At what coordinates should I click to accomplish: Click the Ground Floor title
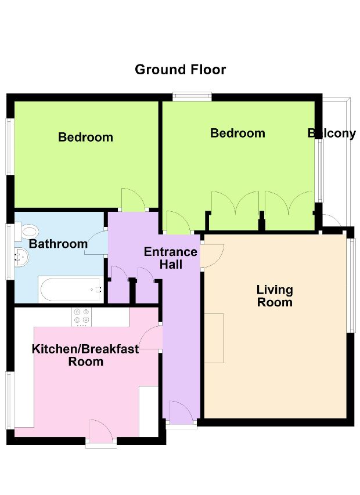click(181, 70)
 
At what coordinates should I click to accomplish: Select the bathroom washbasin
click(21, 257)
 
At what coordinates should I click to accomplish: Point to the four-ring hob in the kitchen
click(81, 317)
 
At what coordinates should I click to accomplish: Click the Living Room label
click(275, 296)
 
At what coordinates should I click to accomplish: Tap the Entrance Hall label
click(171, 258)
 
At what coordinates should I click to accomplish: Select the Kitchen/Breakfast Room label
click(85, 355)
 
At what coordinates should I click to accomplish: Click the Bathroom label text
click(59, 244)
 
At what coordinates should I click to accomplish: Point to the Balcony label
click(332, 133)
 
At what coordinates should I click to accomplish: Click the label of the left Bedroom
click(85, 138)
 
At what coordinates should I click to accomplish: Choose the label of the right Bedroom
click(238, 133)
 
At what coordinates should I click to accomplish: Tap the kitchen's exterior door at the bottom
click(100, 432)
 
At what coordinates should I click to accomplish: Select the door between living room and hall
click(213, 256)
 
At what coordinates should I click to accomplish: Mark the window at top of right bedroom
click(192, 96)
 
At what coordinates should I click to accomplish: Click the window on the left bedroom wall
click(9, 146)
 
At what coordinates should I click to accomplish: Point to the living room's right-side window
click(351, 285)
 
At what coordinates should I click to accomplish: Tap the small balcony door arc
click(332, 220)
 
